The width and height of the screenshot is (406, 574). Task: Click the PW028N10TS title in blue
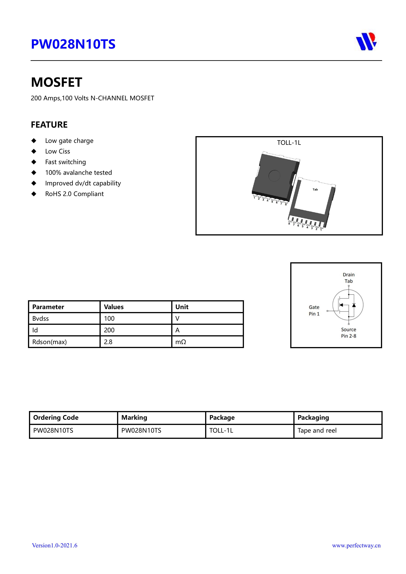(x=73, y=44)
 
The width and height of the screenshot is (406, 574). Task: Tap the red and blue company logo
(x=366, y=42)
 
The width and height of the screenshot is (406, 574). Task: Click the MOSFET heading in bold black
(x=56, y=82)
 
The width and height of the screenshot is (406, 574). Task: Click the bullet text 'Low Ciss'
(x=57, y=151)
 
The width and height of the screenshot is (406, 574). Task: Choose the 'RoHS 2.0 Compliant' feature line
(x=74, y=194)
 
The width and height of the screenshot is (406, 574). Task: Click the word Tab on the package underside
(x=315, y=189)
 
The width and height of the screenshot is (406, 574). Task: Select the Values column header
(x=114, y=307)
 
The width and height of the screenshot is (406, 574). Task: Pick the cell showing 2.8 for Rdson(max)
(x=108, y=342)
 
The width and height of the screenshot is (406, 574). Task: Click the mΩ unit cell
(x=181, y=342)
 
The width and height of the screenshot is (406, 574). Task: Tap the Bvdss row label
(x=41, y=319)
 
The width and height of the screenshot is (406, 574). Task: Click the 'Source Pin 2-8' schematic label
(x=349, y=333)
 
